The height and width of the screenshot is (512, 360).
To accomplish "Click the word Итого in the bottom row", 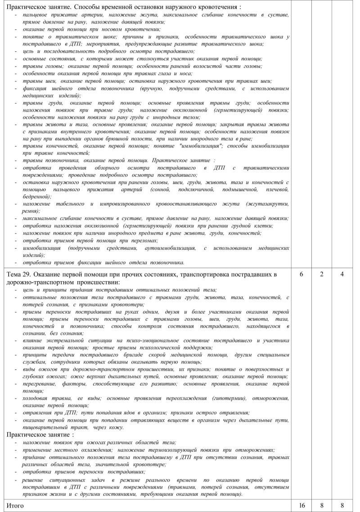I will (x=14, y=505).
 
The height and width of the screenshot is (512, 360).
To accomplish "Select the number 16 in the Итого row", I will (x=301, y=505).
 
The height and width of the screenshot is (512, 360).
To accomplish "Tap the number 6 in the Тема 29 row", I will (x=301, y=274).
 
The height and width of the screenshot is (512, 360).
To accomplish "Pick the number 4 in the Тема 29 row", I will (x=342, y=274).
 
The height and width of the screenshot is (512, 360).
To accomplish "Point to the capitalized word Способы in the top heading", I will (x=88, y=8).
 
